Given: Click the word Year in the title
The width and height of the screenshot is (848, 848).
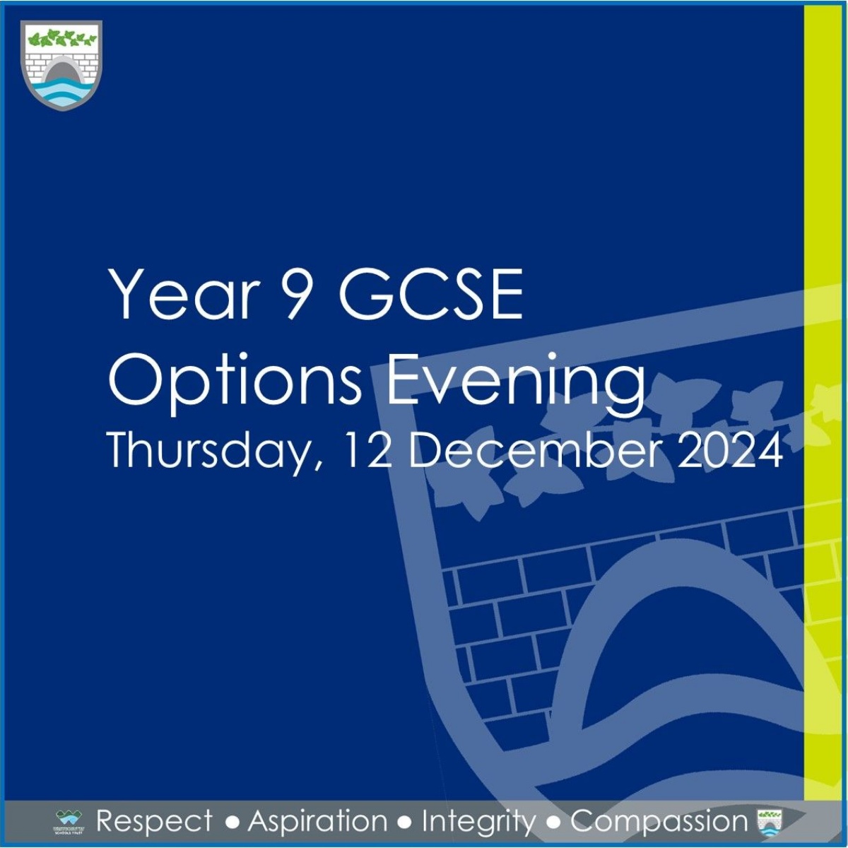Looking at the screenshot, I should click(181, 293).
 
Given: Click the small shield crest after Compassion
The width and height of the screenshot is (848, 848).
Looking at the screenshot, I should click(766, 822).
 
